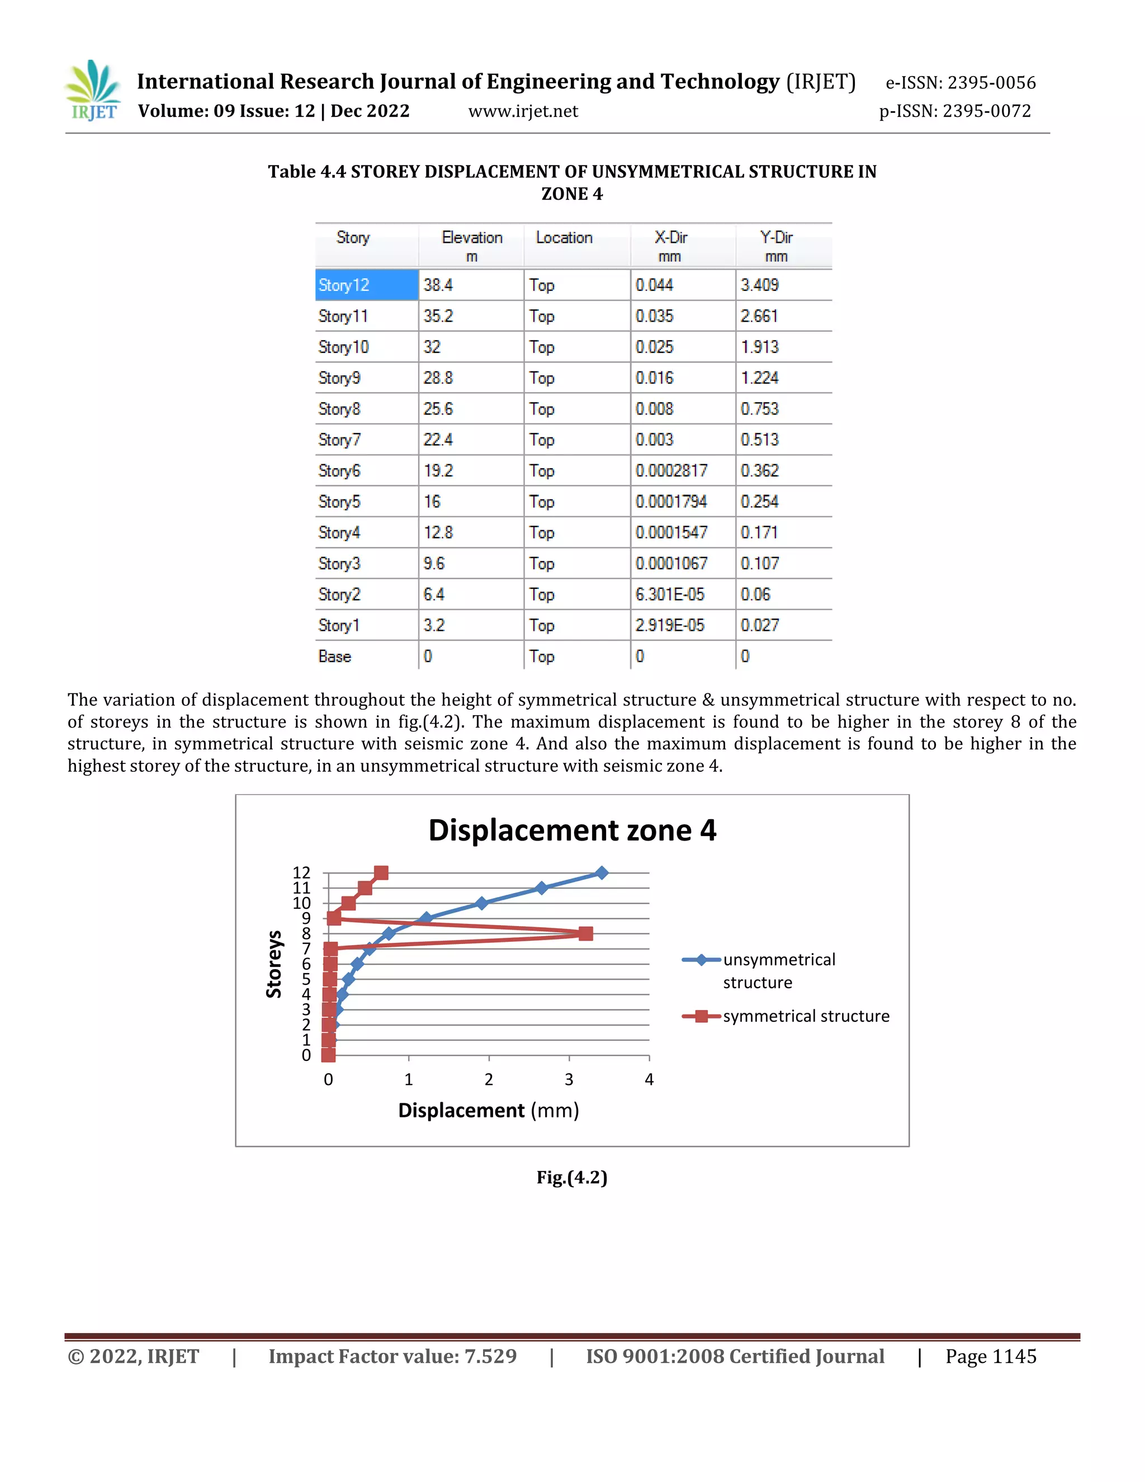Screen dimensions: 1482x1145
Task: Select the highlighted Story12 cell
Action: click(x=366, y=285)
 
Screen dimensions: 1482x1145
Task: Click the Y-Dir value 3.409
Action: click(x=759, y=285)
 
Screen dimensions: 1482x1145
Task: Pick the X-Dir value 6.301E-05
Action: click(x=669, y=594)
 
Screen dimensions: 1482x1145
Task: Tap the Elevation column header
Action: click(x=471, y=246)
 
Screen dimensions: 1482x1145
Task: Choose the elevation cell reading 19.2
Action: click(x=438, y=471)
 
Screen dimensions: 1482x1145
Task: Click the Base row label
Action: click(x=334, y=656)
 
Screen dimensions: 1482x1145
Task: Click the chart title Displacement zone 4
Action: click(x=572, y=830)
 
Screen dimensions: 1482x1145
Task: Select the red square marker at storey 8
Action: click(x=586, y=934)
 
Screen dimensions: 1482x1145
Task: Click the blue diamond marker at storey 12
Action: click(x=602, y=872)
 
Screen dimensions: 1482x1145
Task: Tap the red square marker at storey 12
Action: click(x=381, y=872)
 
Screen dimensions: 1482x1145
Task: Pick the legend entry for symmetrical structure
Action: click(x=806, y=1016)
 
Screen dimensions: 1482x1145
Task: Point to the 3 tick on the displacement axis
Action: click(x=569, y=1079)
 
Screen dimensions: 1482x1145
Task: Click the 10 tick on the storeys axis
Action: click(x=302, y=903)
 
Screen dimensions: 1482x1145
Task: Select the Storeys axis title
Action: click(x=273, y=964)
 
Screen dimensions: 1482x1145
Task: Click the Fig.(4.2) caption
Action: click(x=572, y=1177)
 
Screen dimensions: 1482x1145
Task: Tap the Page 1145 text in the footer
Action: click(x=990, y=1357)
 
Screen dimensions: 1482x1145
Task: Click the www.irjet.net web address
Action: click(x=523, y=111)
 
